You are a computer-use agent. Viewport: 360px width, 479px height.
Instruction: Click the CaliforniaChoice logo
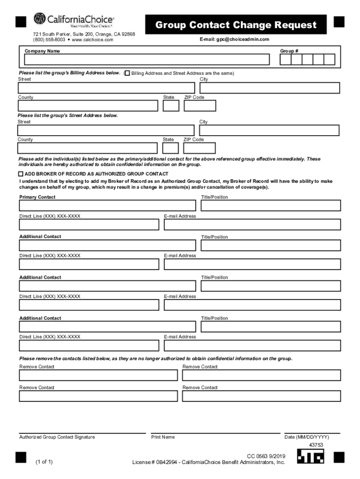[x=73, y=21]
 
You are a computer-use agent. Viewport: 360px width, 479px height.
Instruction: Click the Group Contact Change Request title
[x=236, y=25]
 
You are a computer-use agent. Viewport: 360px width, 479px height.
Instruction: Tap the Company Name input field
[x=147, y=59]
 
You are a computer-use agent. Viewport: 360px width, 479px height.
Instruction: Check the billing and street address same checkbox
[x=127, y=73]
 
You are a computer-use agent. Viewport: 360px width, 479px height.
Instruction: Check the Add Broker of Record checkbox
[x=21, y=174]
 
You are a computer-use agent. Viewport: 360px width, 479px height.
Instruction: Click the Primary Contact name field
[x=107, y=206]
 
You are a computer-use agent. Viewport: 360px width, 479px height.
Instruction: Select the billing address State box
[x=171, y=106]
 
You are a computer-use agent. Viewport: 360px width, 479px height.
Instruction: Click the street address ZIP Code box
[x=200, y=148]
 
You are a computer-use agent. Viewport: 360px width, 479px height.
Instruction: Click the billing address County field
[x=88, y=106]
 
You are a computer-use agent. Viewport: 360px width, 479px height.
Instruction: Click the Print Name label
[x=163, y=437]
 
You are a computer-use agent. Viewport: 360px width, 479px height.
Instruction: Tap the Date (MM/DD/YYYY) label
[x=306, y=437]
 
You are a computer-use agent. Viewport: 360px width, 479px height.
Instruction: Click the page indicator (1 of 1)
[x=44, y=462]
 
